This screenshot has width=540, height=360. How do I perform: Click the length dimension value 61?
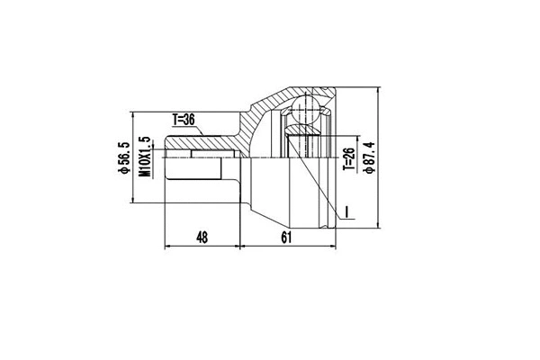[287, 238]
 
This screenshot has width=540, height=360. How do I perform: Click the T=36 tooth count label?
[184, 119]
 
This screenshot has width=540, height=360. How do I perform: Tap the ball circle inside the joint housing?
[303, 114]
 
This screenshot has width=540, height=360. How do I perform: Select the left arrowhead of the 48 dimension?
[165, 247]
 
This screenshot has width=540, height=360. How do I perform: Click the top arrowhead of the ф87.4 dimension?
[379, 87]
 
